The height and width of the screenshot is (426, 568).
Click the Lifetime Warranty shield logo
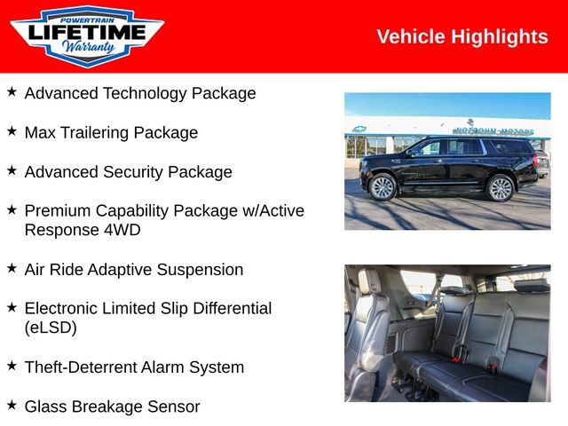point(86,36)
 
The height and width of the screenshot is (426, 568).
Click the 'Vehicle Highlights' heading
point(461,36)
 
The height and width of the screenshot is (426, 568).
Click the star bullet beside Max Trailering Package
point(12,130)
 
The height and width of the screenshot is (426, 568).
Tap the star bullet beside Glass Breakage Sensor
point(12,405)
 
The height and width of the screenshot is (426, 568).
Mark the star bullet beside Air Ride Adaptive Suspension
point(12,267)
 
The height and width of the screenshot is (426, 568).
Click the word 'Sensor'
point(174,406)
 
